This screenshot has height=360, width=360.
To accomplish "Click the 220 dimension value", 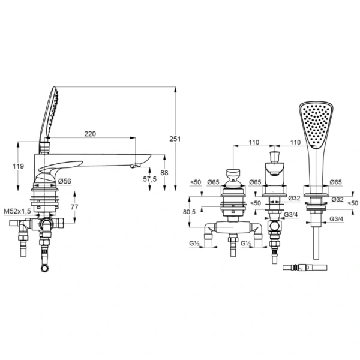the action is [x=90, y=134].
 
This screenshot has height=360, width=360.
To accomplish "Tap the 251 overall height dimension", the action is [x=175, y=139].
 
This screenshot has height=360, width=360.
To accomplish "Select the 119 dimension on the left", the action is [x=18, y=166].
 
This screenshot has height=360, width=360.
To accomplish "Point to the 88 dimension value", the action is [x=164, y=173].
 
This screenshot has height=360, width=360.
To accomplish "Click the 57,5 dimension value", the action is [x=149, y=179].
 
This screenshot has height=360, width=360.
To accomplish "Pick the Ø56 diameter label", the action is [x=65, y=181].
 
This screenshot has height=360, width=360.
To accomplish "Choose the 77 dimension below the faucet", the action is [x=74, y=207].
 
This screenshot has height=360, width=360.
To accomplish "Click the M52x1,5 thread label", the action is [x=17, y=211].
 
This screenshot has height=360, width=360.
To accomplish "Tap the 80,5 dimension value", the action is [x=189, y=212].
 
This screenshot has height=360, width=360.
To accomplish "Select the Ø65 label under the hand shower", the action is [x=335, y=182].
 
